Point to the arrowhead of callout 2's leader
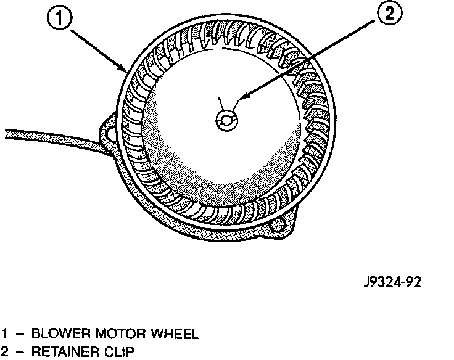click(x=240, y=98)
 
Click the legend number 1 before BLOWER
click(x=6, y=335)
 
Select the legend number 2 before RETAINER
click(x=6, y=353)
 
